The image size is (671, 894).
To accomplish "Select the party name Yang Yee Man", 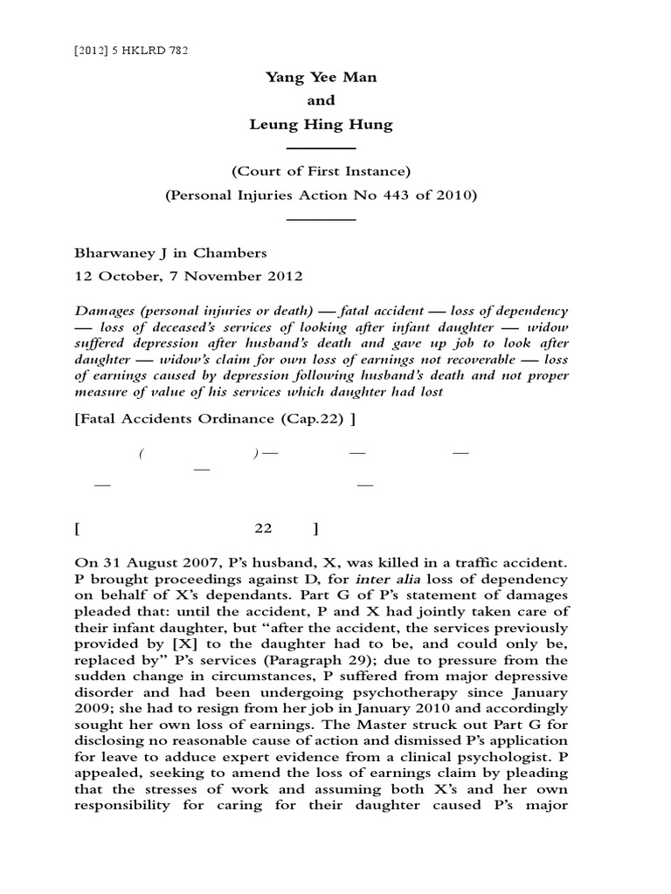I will click(321, 77).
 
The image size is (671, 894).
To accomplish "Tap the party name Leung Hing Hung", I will click(321, 124).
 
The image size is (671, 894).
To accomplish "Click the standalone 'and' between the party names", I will click(321, 100).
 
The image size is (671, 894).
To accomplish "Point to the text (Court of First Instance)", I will click(321, 171).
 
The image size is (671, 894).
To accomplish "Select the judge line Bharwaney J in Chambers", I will click(171, 253).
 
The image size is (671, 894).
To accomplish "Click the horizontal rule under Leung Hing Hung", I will click(321, 148).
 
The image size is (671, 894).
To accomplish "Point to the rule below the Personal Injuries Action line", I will click(321, 218).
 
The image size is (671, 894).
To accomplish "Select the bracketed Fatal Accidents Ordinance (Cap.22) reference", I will click(215, 417).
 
